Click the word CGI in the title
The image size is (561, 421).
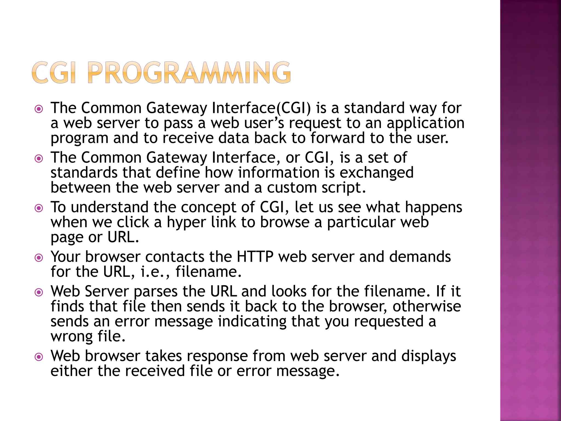pyautogui.click(x=54, y=73)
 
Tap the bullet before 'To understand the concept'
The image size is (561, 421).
pyautogui.click(x=39, y=208)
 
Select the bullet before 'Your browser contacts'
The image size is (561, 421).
pyautogui.click(x=39, y=258)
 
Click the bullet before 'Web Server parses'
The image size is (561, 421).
pyautogui.click(x=39, y=292)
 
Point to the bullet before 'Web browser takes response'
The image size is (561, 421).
pyautogui.click(x=39, y=357)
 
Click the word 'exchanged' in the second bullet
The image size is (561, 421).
pyautogui.click(x=376, y=173)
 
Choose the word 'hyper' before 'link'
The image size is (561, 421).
pyautogui.click(x=186, y=223)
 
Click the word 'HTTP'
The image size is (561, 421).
pyautogui.click(x=255, y=257)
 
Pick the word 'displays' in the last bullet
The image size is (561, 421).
pyautogui.click(x=428, y=356)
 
